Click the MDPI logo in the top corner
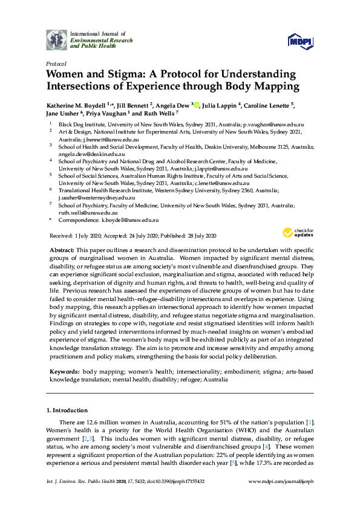[x=300, y=41]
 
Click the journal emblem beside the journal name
[x=56, y=39]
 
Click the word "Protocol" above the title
[x=56, y=63]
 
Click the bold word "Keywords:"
[x=64, y=371]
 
